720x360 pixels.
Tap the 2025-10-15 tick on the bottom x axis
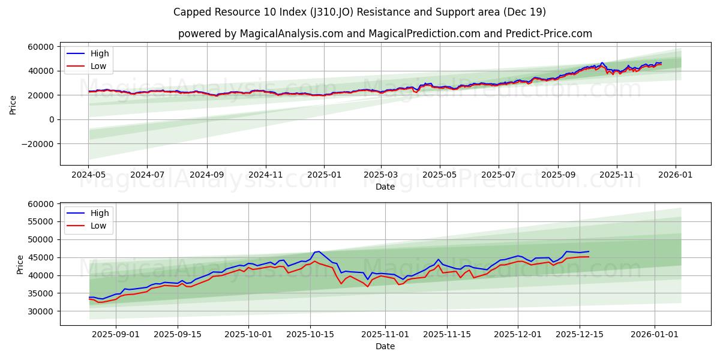[310, 334]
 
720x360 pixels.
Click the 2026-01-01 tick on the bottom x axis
[654, 334]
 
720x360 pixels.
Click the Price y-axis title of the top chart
[13, 104]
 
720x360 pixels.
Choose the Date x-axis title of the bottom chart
[385, 346]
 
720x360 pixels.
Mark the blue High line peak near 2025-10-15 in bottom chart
[319, 251]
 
